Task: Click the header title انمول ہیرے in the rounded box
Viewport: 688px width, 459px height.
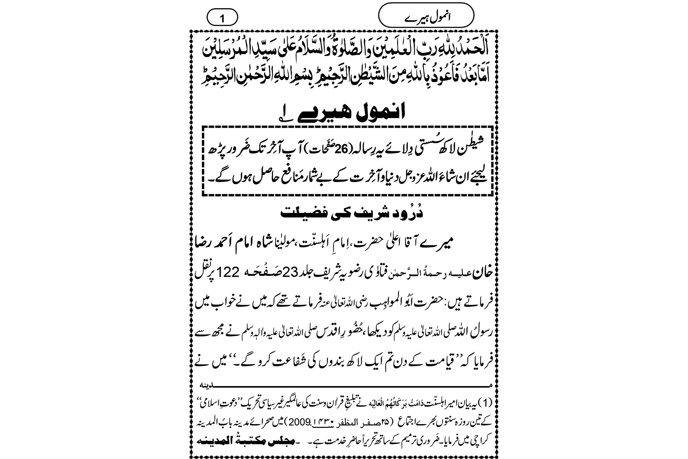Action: [426, 17]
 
